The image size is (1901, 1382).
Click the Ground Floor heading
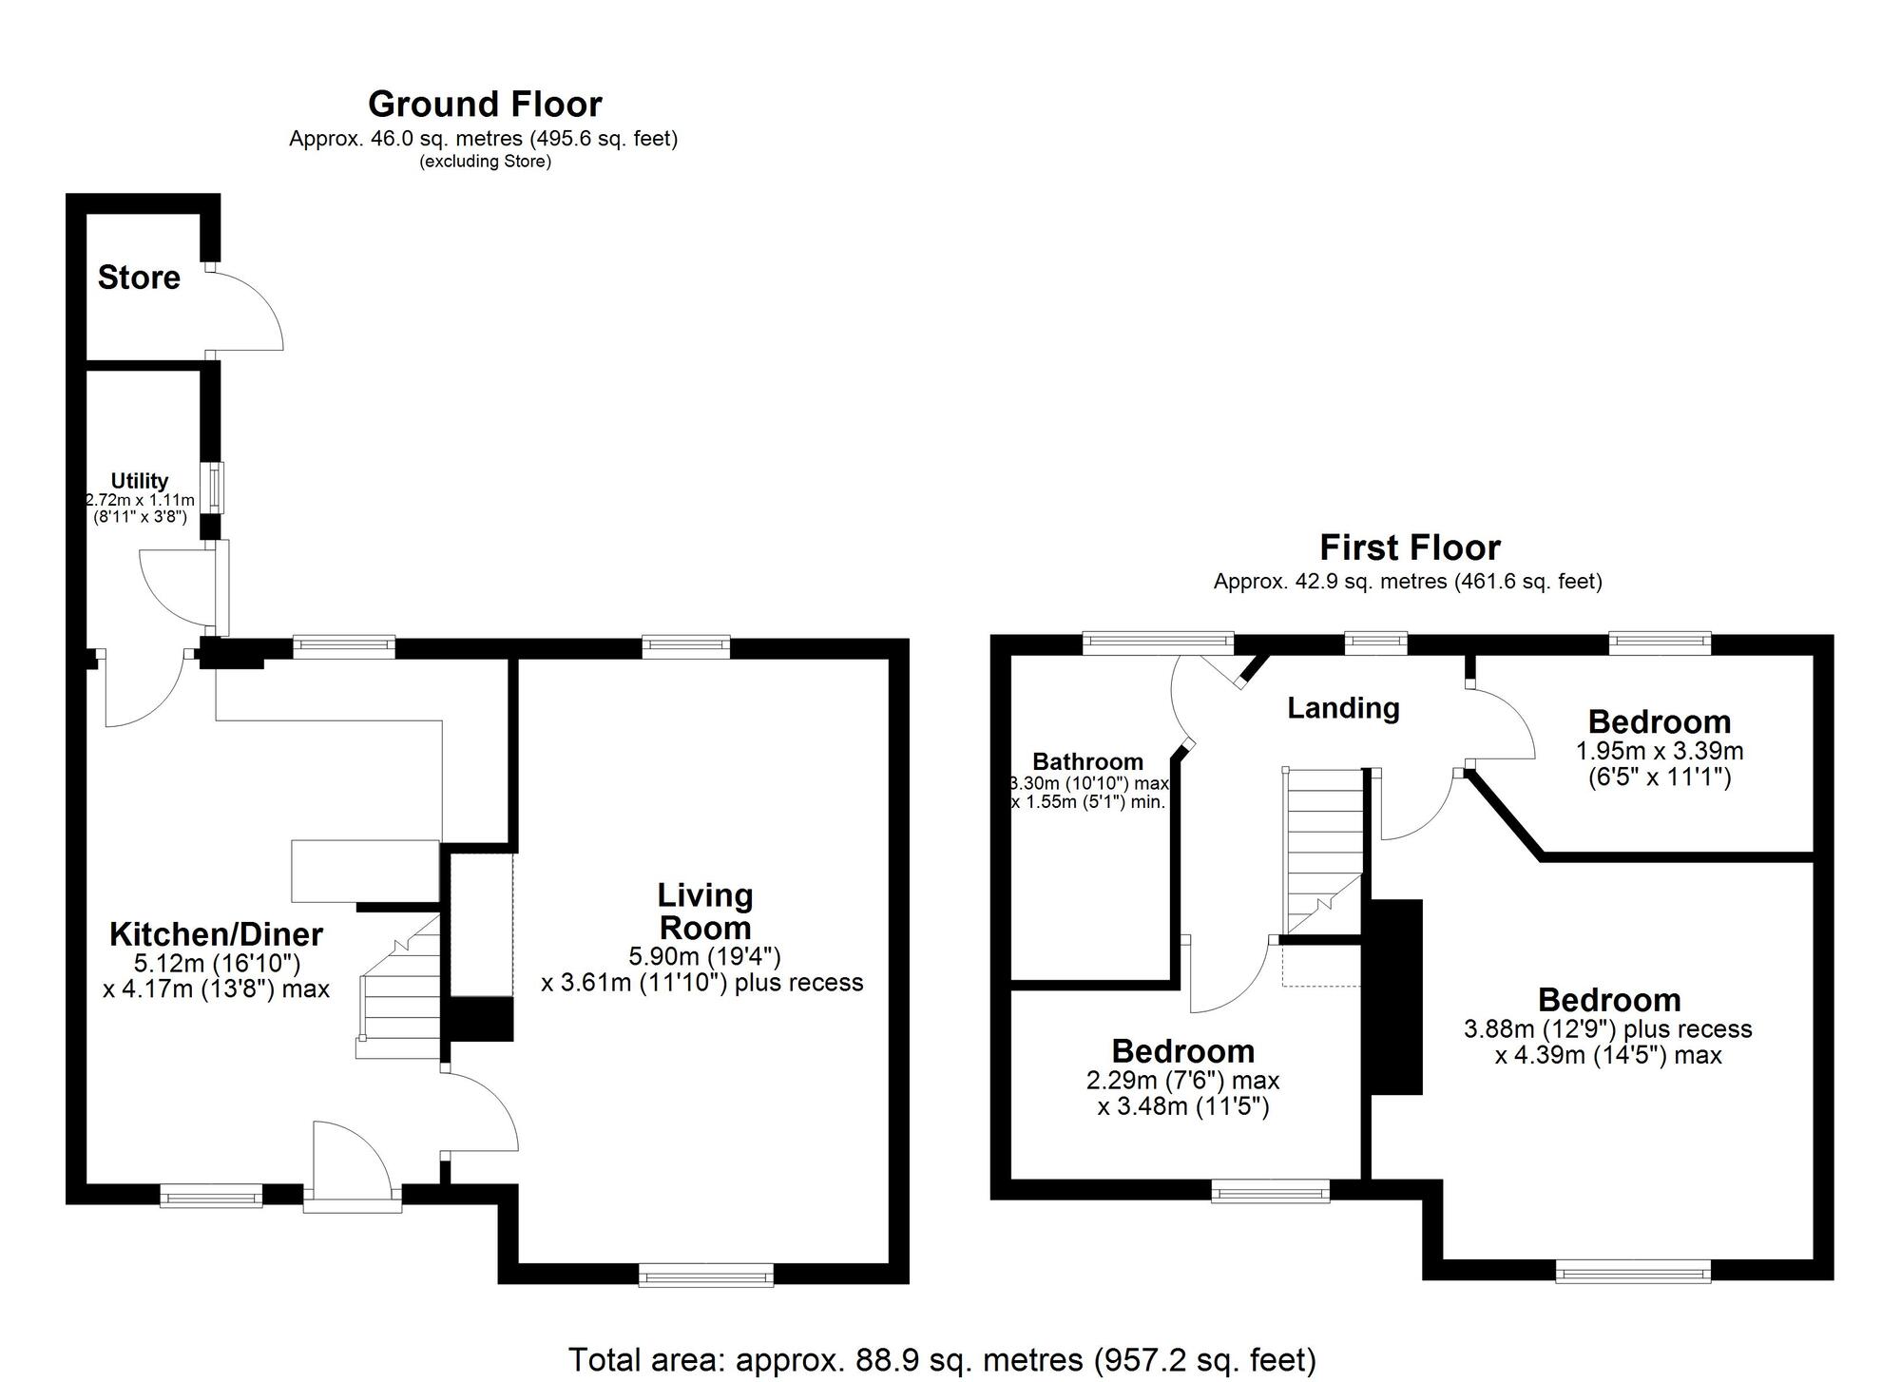(x=485, y=104)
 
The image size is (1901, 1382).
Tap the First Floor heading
(x=1409, y=547)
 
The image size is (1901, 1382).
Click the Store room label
(x=139, y=278)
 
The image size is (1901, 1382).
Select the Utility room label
(x=140, y=481)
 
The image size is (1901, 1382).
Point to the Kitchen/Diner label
(x=216, y=934)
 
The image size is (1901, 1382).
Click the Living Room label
(x=704, y=911)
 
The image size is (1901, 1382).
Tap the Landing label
(x=1342, y=708)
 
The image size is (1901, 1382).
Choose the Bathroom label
(x=1087, y=761)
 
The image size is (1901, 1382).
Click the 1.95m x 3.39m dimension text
(x=1659, y=751)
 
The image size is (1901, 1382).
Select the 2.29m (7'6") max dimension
(x=1182, y=1081)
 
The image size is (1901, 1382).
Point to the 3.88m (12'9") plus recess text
(x=1607, y=1029)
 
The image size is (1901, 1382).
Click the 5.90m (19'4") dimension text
(x=704, y=955)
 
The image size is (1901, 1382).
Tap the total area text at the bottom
(x=942, y=1360)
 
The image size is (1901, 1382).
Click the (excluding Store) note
(x=485, y=162)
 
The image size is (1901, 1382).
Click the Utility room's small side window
(x=217, y=487)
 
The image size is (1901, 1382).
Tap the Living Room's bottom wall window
(x=705, y=1275)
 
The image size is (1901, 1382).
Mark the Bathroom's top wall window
(x=1158, y=643)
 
